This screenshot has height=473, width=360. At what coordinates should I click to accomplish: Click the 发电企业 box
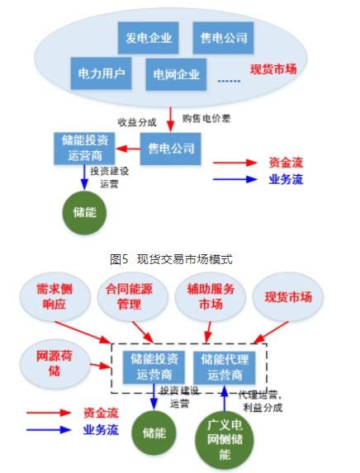pos(148,38)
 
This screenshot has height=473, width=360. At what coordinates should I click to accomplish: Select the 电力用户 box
pos(101,73)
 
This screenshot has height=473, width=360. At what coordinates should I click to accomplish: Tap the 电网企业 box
pos(176,74)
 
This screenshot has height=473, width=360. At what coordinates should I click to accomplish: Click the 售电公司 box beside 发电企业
pos(223,38)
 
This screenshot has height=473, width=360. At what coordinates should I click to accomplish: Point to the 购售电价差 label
pos(206,118)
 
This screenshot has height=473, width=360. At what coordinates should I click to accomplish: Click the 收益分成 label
pos(137,122)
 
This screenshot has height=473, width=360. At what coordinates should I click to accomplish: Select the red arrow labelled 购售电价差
pos(171,120)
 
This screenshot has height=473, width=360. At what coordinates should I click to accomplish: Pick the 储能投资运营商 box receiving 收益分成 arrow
pos(84,149)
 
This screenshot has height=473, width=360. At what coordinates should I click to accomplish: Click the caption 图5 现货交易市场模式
pos(171,259)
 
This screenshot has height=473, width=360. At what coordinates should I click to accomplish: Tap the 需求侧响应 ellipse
pos(55,297)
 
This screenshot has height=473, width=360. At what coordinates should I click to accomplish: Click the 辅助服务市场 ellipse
pos(211,297)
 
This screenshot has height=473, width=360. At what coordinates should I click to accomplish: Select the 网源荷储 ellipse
pos(55,364)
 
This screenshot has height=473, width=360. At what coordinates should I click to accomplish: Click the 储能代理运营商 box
pos(225,367)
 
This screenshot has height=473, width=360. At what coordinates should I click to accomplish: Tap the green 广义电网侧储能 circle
pos(225,441)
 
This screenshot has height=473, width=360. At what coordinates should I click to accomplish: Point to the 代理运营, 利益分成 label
pos(261,401)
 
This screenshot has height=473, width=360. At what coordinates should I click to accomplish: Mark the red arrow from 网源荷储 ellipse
pos(101,366)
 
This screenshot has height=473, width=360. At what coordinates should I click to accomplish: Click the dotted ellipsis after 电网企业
pos(229,81)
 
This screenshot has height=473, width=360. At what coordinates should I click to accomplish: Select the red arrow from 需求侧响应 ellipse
pos(83,333)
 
